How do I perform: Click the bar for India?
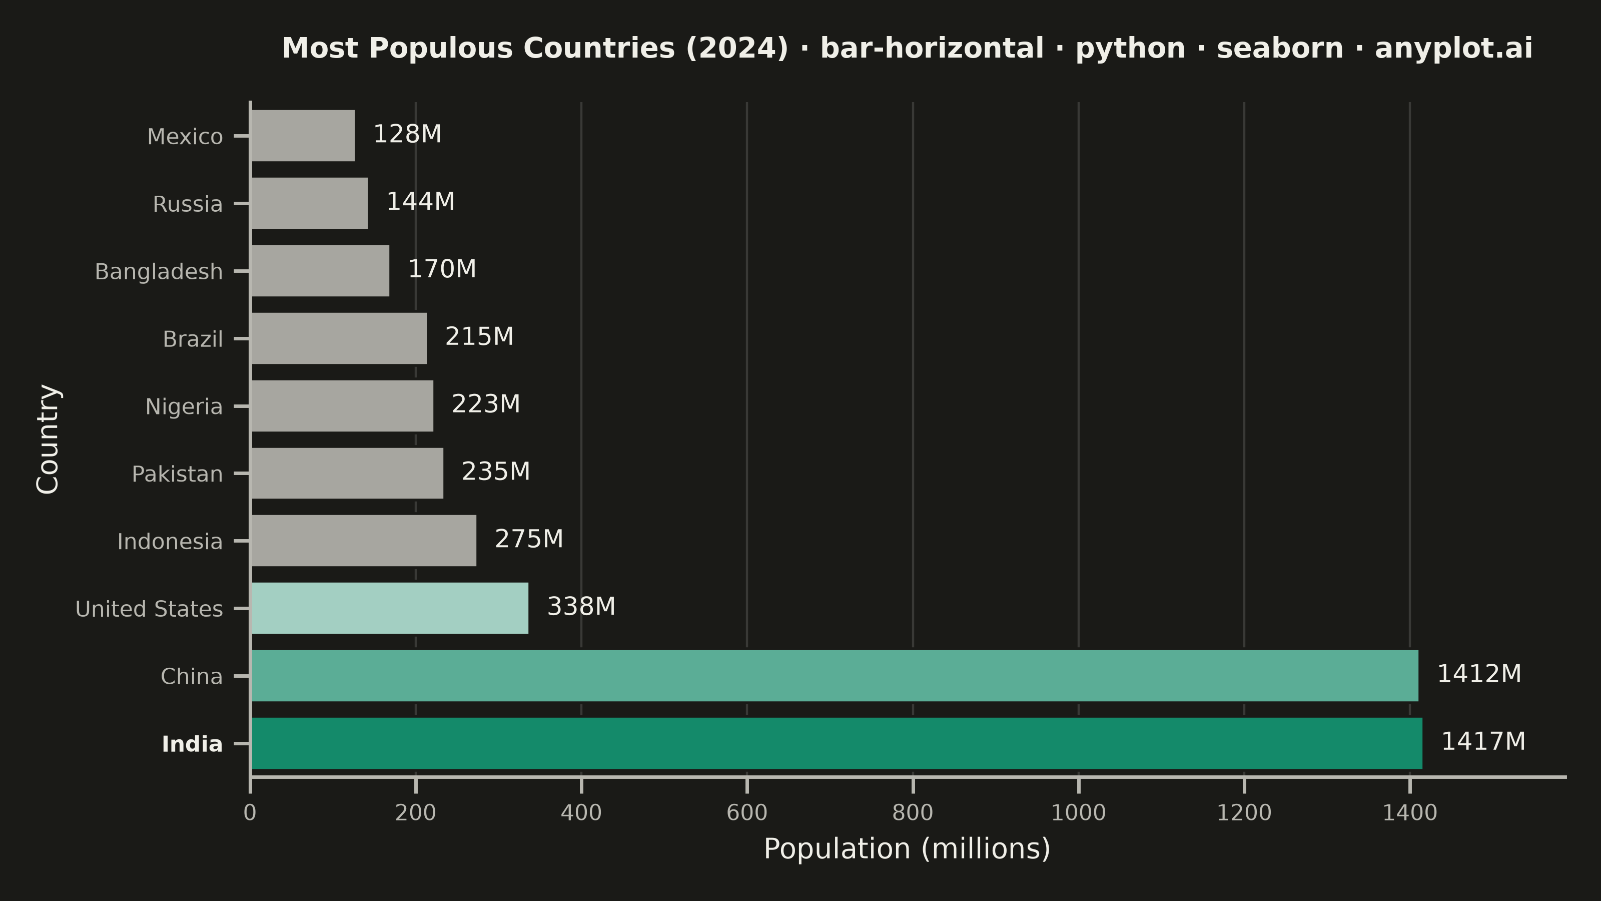point(837,743)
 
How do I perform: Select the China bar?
point(835,675)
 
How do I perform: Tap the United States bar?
point(390,608)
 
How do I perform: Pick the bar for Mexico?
point(303,136)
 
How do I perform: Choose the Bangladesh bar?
point(320,270)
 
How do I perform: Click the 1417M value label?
point(1483,741)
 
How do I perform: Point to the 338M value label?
point(581,606)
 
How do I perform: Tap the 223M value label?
point(485,404)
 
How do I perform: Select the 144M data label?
point(421,201)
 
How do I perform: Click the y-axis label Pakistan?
point(177,474)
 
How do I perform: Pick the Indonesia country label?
point(170,542)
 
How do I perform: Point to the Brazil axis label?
point(193,339)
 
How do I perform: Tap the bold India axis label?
point(192,744)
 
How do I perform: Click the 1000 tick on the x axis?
point(1078,813)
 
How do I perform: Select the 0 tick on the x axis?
point(250,813)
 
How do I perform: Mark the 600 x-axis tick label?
point(747,813)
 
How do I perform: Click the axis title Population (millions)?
point(907,849)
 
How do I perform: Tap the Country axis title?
point(48,439)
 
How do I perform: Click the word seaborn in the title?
point(1280,49)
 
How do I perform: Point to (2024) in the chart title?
point(737,49)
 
